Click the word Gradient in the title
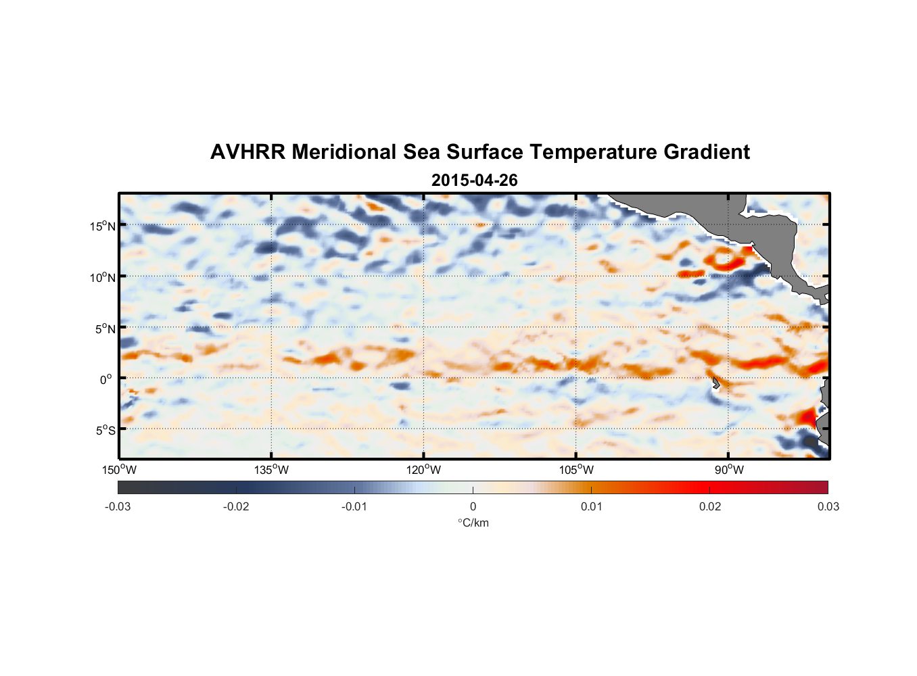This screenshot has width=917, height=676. pyautogui.click(x=706, y=152)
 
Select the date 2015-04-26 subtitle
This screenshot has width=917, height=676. pyautogui.click(x=474, y=180)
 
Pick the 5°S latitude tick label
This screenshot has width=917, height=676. pyautogui.click(x=105, y=430)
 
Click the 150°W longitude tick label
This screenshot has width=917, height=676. pyautogui.click(x=119, y=470)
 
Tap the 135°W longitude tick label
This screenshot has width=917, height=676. pyautogui.click(x=271, y=470)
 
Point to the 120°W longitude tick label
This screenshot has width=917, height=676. pyautogui.click(x=423, y=470)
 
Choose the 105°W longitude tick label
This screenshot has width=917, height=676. pyautogui.click(x=576, y=470)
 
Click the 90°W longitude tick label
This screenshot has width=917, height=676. pyautogui.click(x=729, y=470)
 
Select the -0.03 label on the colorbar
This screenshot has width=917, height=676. pyautogui.click(x=118, y=506)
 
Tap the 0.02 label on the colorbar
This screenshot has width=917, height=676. pyautogui.click(x=710, y=506)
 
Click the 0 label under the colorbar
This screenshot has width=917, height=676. pyautogui.click(x=473, y=506)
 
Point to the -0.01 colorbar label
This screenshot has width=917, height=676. pyautogui.click(x=354, y=506)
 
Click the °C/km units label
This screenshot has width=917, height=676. pyautogui.click(x=473, y=523)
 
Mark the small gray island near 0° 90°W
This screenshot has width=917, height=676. pyautogui.click(x=715, y=383)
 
